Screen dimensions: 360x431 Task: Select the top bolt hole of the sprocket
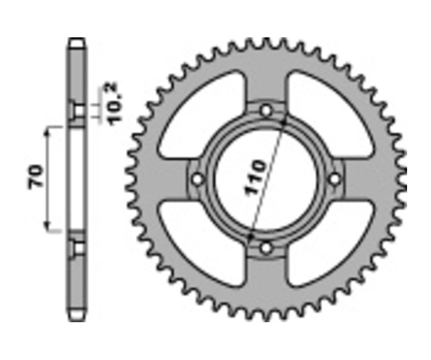coord(266,111)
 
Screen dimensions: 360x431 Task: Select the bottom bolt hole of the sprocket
coord(266,248)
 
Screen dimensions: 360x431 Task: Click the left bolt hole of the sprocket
coord(197,180)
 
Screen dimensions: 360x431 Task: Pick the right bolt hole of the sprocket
coord(335,179)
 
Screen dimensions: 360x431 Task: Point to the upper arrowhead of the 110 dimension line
coord(284,121)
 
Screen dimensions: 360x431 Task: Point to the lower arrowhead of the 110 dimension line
coord(250,236)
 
